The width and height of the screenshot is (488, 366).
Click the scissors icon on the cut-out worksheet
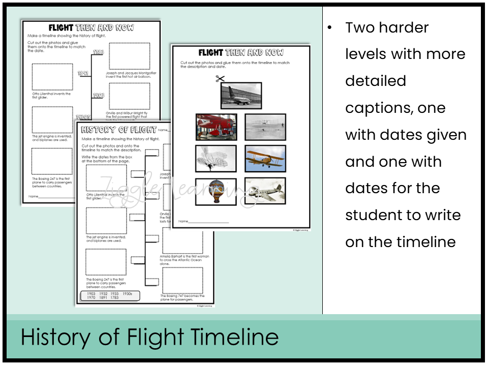coord(220,78)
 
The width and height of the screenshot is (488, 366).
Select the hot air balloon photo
coord(216,192)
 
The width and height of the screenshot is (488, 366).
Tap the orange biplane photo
coord(265,159)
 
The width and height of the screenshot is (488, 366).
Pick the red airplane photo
coord(216,127)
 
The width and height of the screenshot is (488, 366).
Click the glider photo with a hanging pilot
coord(216,159)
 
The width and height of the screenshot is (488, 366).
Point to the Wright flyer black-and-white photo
coord(265,127)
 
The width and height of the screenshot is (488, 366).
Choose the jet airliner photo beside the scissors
coord(241,96)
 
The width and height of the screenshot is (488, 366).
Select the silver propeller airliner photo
coord(265,191)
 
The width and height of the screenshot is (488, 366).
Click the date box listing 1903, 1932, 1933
coord(110,296)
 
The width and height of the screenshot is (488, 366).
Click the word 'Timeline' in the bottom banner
coord(234,338)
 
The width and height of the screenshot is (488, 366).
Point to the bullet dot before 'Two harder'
coord(330,28)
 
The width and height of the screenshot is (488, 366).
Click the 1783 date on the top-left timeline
coord(99,52)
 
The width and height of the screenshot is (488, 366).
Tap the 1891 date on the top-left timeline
coord(84,74)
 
